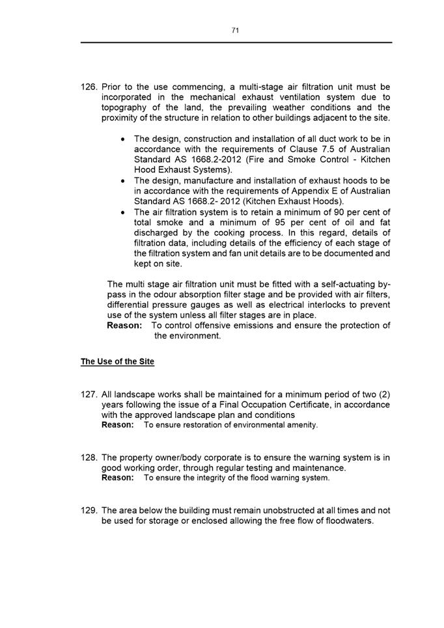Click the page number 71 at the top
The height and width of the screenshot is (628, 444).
point(235,30)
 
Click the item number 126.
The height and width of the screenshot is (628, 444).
point(89,87)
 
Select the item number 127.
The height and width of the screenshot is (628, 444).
point(89,394)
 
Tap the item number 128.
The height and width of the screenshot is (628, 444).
point(89,457)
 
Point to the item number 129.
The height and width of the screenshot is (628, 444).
point(89,511)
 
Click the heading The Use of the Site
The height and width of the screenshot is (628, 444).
point(117,361)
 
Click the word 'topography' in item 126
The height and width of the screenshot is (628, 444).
point(126,107)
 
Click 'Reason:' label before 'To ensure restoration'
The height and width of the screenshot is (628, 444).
point(118,425)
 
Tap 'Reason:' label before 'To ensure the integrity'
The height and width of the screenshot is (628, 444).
point(118,478)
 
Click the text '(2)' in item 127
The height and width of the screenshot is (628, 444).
point(382,394)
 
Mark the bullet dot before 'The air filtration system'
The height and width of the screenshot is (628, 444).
point(124,213)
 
